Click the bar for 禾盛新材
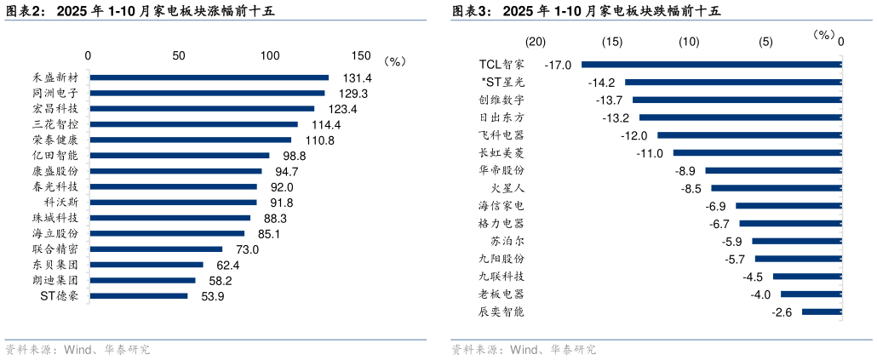click(209, 77)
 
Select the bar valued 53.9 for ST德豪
click(138, 296)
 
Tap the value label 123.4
click(342, 109)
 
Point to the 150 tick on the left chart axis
click(361, 55)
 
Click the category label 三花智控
click(55, 124)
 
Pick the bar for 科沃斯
click(173, 203)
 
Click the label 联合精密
click(55, 249)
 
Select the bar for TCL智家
click(711, 64)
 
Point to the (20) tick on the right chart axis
click(535, 42)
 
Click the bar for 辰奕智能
click(822, 312)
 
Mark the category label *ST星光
click(503, 82)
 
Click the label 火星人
click(508, 188)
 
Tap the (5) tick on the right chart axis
click(765, 42)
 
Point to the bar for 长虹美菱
click(757, 152)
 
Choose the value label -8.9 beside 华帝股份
click(686, 171)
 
